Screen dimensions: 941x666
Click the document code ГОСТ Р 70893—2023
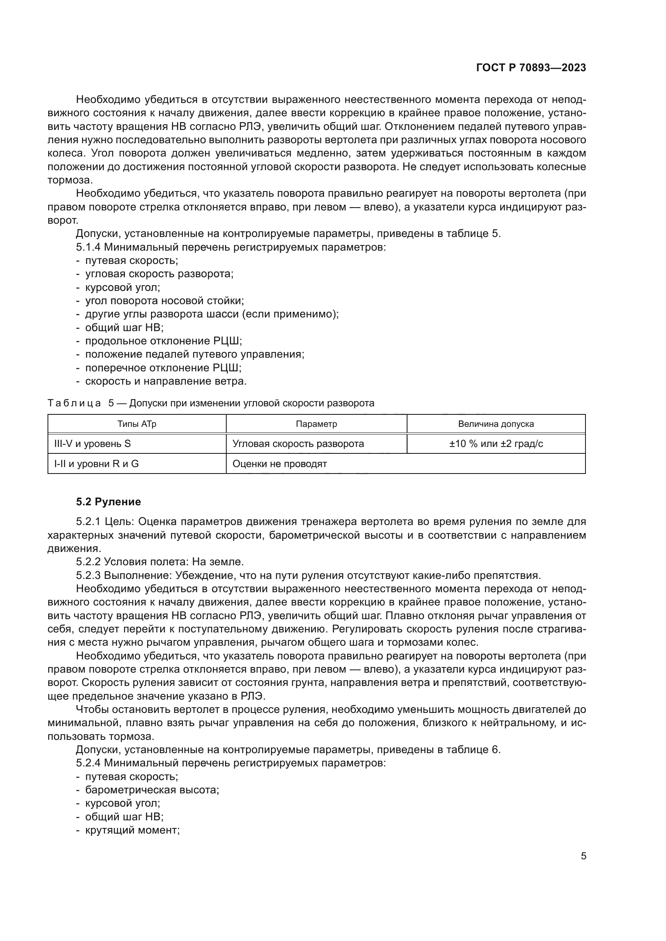531,68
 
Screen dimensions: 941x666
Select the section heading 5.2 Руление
108,502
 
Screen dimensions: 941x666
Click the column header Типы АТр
137,424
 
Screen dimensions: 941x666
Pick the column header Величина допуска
496,424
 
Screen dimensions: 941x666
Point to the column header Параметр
316,424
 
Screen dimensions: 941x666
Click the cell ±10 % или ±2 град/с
496,444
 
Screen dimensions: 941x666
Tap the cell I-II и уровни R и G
96,464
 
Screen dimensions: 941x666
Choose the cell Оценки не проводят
280,464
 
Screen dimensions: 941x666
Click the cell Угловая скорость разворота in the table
298,444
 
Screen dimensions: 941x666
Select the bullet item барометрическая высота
152,790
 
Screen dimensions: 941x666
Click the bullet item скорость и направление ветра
165,381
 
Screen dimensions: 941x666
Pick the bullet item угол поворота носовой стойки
164,301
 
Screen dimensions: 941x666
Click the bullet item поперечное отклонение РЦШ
163,368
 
